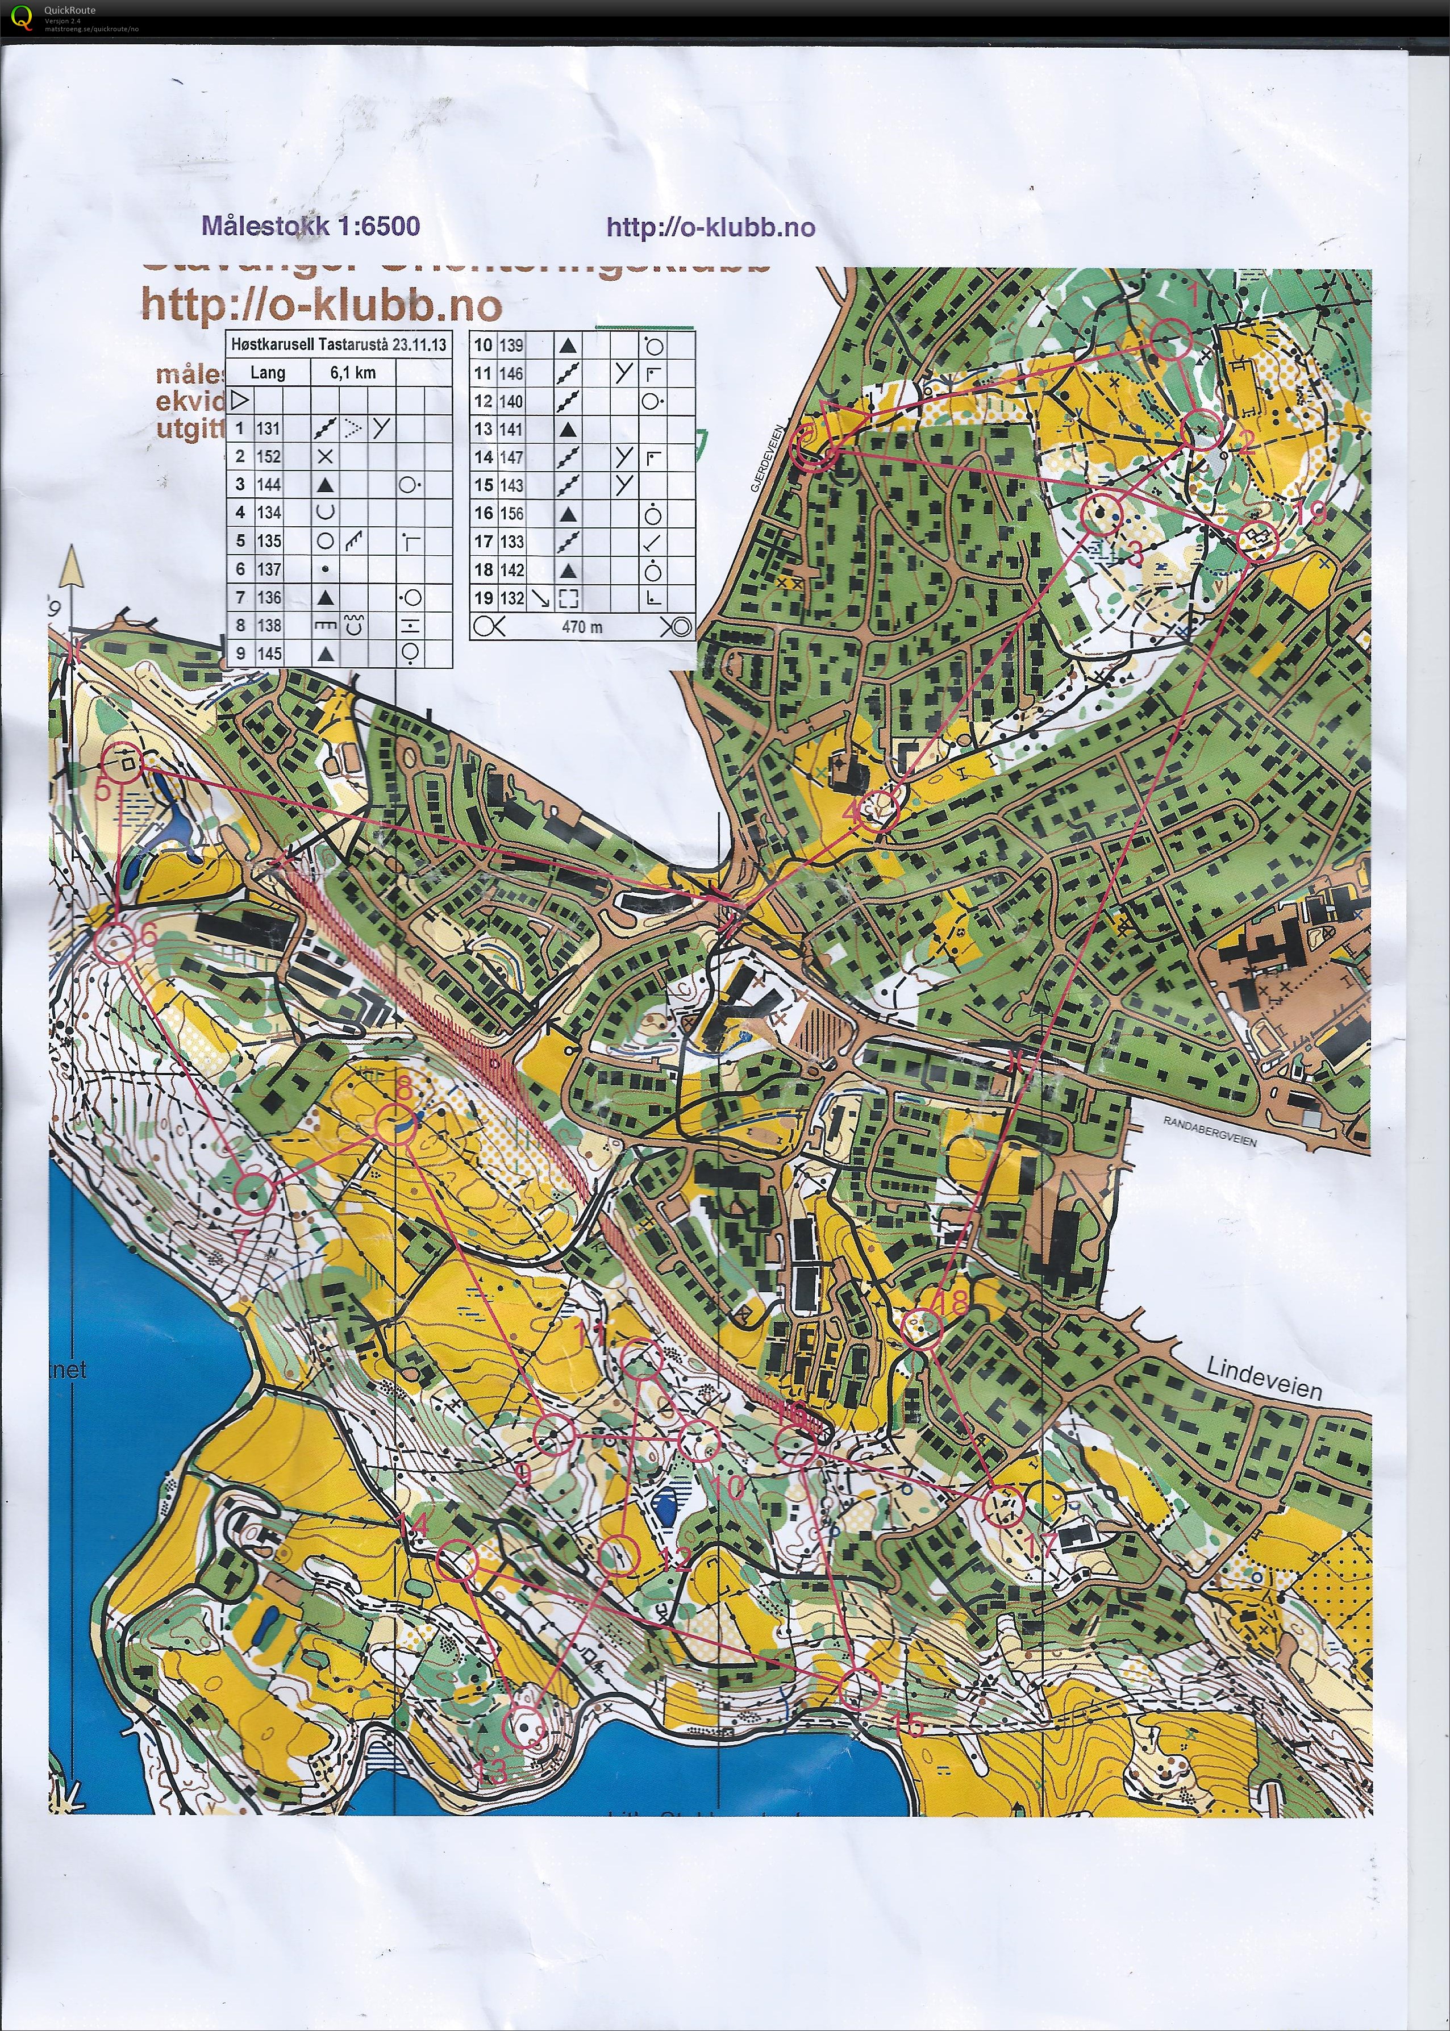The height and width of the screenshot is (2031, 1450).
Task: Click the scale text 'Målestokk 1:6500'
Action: coord(311,226)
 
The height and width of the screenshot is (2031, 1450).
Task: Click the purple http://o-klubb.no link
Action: coord(711,228)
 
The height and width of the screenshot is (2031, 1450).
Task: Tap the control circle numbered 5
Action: coord(123,763)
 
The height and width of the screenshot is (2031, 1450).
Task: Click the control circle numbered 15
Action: coord(860,1689)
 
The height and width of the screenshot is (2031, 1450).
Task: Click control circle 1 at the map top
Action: coord(1170,340)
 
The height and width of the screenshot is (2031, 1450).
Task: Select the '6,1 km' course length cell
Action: coord(353,372)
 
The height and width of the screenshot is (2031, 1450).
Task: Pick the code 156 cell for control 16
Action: coord(511,513)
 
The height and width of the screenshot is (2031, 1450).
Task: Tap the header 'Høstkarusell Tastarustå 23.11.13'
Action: coord(339,344)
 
